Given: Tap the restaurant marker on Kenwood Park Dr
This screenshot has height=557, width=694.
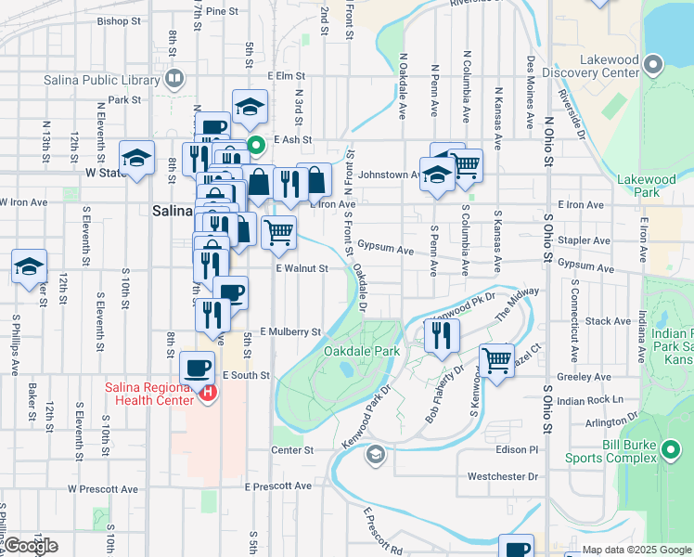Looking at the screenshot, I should (x=442, y=335).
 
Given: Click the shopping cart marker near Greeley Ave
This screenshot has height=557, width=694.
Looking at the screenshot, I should (x=496, y=359).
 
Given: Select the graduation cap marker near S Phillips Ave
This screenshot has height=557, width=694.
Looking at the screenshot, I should (x=29, y=266).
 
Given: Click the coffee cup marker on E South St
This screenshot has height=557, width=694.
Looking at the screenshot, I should (x=197, y=367).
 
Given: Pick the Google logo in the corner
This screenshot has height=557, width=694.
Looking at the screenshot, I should (x=30, y=546).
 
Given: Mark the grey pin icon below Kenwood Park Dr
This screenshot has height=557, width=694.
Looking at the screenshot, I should (x=375, y=454).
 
